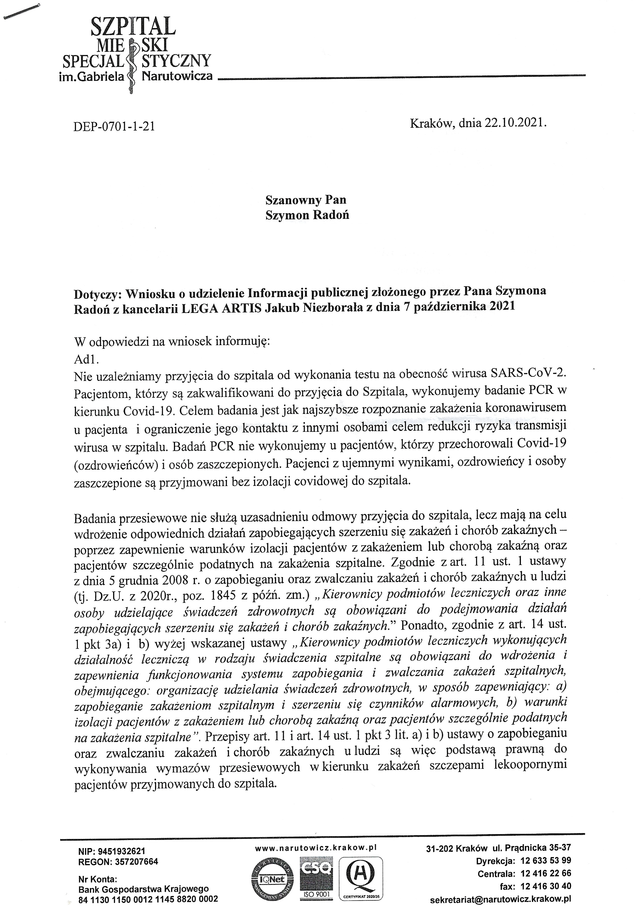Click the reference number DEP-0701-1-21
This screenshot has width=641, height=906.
[114, 126]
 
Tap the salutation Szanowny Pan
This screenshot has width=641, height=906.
[306, 200]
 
